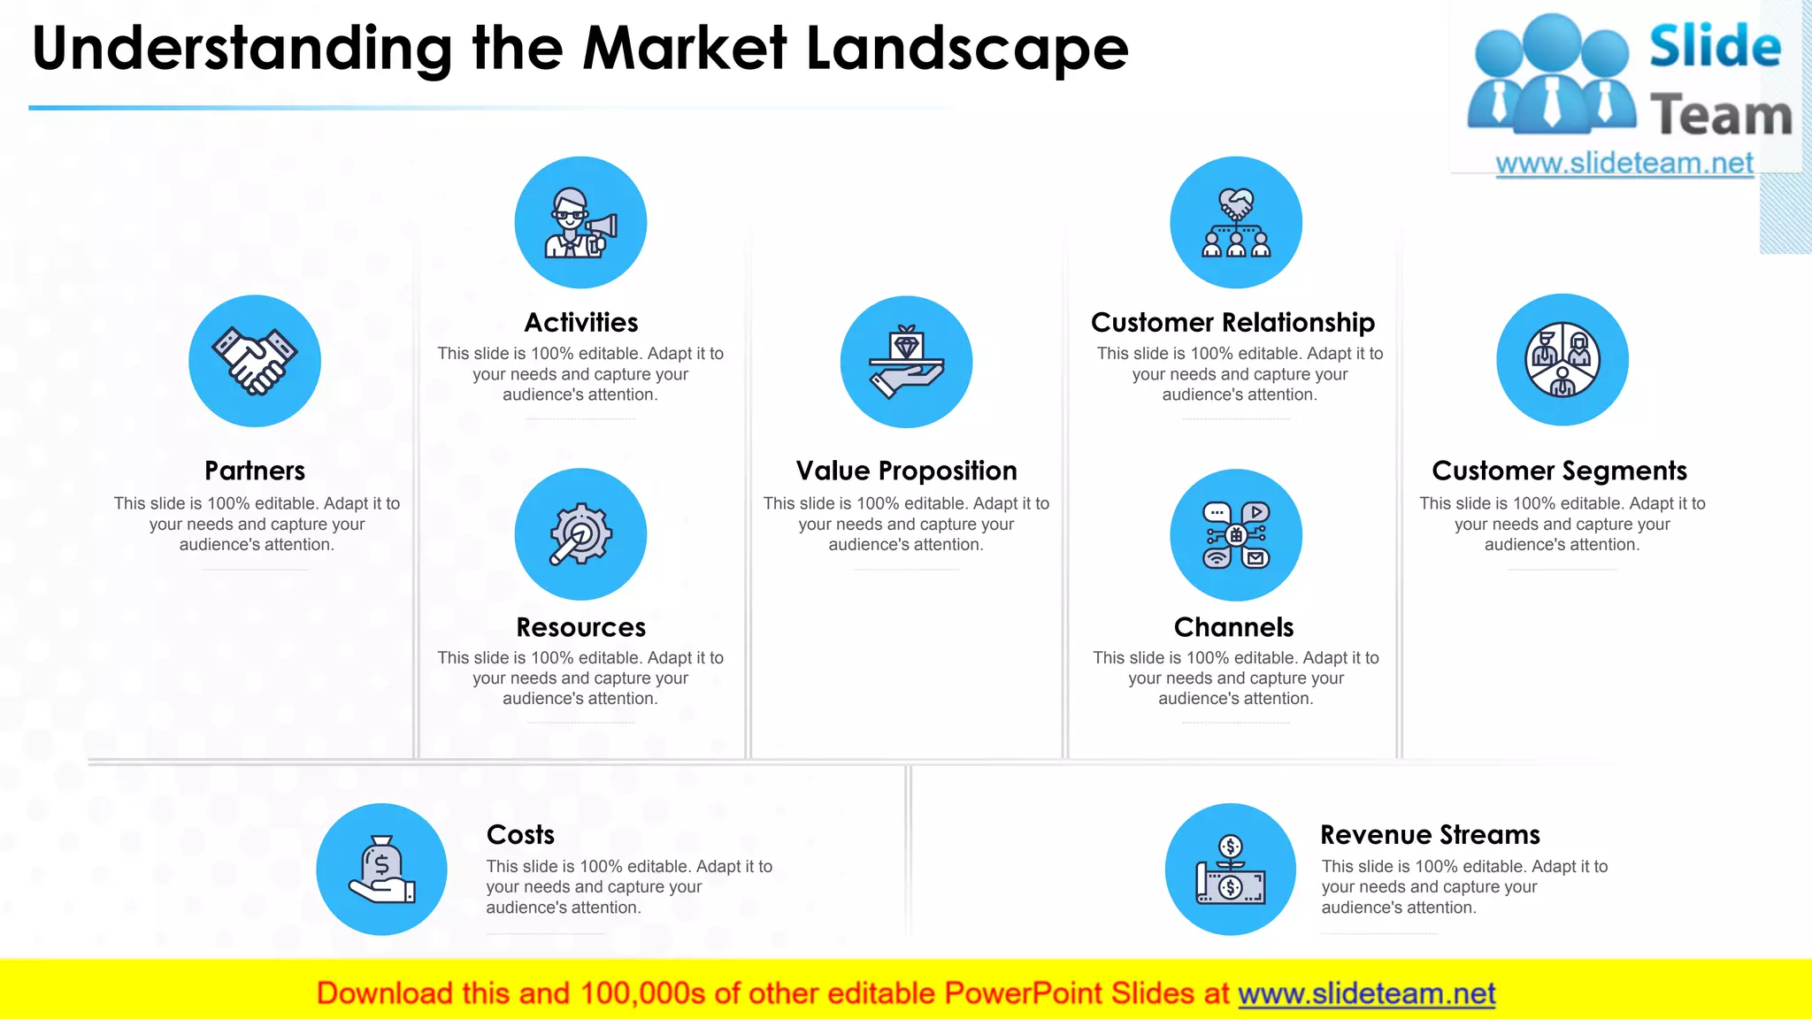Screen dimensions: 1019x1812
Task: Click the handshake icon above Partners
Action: click(255, 361)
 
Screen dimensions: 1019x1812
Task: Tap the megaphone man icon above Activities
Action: click(580, 222)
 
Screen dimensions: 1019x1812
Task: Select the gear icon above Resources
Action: click(580, 534)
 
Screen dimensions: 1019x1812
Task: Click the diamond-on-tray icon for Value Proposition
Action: click(906, 362)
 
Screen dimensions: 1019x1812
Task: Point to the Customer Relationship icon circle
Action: click(1236, 222)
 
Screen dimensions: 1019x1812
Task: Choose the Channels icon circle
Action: click(1236, 535)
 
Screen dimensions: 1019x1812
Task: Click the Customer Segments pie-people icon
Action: click(1562, 360)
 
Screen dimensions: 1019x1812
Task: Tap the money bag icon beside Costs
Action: click(381, 869)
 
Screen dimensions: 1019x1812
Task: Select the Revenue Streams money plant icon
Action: click(1231, 869)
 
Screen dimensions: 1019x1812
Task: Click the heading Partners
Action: click(255, 471)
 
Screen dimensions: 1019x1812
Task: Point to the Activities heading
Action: click(580, 322)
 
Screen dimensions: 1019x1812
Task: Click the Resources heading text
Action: click(580, 627)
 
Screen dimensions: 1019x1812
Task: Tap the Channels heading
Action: click(1233, 627)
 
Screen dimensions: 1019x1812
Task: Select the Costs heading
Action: click(520, 834)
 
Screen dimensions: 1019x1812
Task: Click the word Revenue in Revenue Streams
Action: click(1375, 834)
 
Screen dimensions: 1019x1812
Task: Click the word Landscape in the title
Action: click(967, 49)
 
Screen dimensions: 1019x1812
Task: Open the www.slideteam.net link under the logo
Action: click(1624, 164)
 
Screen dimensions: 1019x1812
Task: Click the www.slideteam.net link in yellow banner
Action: click(1366, 993)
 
